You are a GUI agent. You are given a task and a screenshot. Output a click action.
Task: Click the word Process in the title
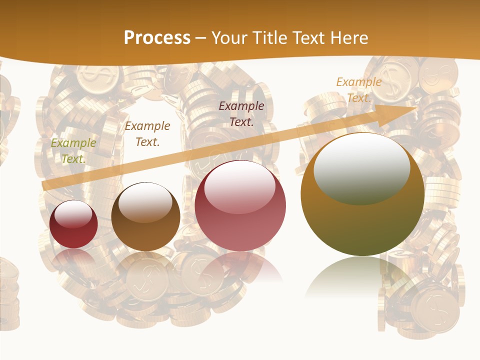coord(157,37)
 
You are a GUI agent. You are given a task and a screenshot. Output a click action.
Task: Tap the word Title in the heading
coord(269,37)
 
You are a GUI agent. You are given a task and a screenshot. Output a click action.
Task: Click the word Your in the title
coord(230,37)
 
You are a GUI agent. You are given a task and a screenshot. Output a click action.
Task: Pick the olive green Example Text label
coord(73,151)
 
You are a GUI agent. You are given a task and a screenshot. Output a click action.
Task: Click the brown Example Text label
coord(147,134)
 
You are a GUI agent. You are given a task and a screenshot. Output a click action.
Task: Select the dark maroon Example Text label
coord(241,113)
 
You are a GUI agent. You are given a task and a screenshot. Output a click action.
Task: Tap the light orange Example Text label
coord(359,90)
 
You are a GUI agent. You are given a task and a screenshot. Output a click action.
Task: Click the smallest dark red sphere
coord(73,224)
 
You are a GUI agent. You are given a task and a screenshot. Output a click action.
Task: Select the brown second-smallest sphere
coord(145,216)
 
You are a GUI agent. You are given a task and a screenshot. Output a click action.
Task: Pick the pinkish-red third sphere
coord(240,206)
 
